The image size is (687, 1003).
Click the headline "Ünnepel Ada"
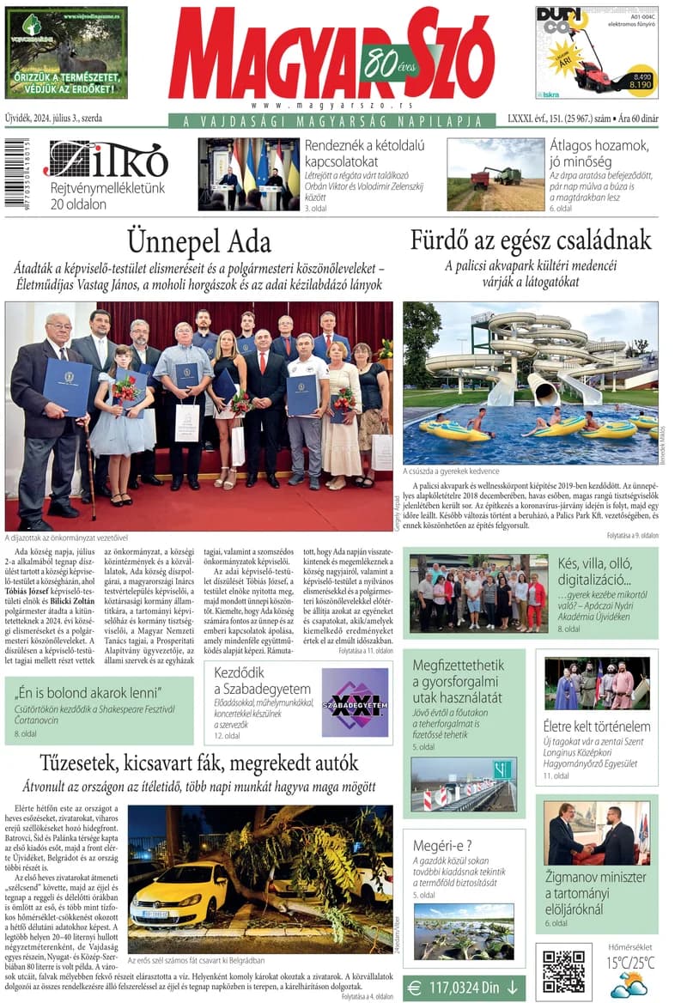pyautogui.click(x=198, y=240)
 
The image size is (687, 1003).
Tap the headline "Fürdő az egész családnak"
pyautogui.click(x=530, y=240)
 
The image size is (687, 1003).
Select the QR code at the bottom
pyautogui.click(x=563, y=970)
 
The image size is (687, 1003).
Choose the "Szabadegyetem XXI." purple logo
pyautogui.click(x=355, y=703)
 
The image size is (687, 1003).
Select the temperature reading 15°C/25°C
pyautogui.click(x=629, y=962)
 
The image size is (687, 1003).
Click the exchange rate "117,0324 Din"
pyautogui.click(x=464, y=988)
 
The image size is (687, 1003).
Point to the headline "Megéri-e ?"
pyautogui.click(x=442, y=845)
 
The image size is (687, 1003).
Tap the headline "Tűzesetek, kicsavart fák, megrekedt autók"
pyautogui.click(x=198, y=763)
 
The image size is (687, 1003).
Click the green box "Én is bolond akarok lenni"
pyautogui.click(x=100, y=709)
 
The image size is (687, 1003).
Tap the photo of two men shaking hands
pyautogui.click(x=596, y=833)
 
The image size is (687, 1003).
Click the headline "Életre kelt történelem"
pyautogui.click(x=597, y=726)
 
